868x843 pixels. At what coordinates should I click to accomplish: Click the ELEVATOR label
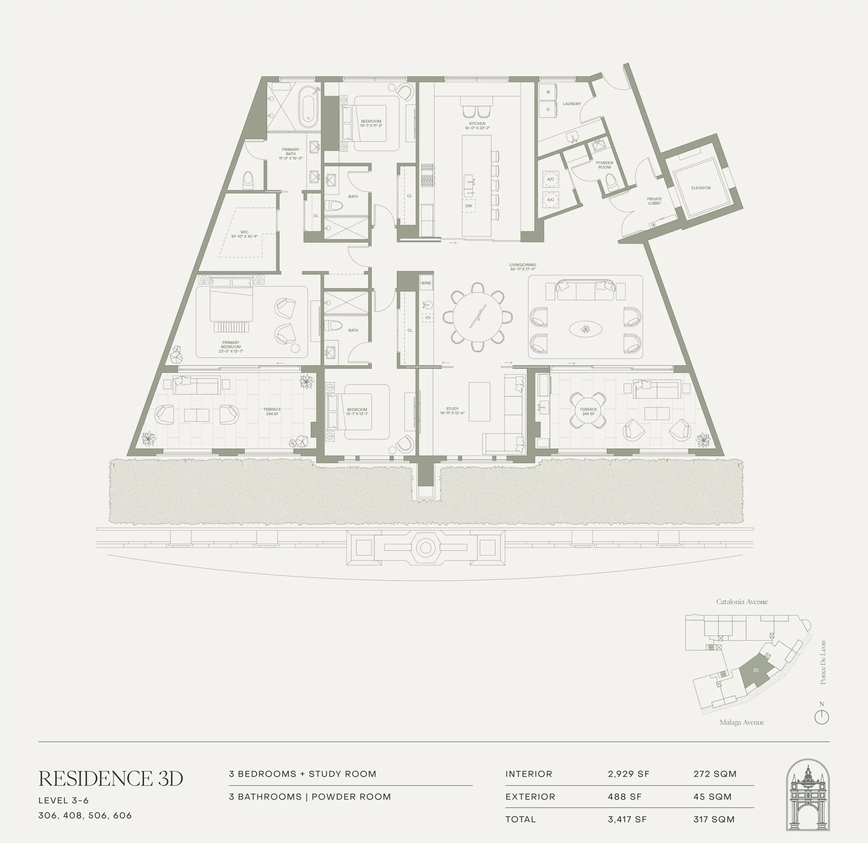(x=701, y=188)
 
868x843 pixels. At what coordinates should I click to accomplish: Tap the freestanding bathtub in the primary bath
(x=308, y=106)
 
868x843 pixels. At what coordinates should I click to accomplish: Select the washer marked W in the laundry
(x=548, y=92)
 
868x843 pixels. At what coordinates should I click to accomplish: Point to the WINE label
(x=426, y=283)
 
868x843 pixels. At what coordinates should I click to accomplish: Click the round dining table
(x=478, y=317)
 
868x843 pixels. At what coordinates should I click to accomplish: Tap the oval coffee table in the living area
(x=585, y=329)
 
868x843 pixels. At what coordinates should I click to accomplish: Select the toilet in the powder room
(x=611, y=182)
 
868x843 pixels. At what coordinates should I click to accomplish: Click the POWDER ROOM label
(x=604, y=165)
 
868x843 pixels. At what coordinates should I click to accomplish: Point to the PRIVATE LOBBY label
(x=654, y=201)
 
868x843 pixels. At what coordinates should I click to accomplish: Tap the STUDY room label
(x=452, y=409)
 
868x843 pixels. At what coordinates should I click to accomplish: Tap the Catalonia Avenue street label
(x=742, y=602)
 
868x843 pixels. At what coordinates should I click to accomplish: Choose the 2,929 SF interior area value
(x=628, y=774)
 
